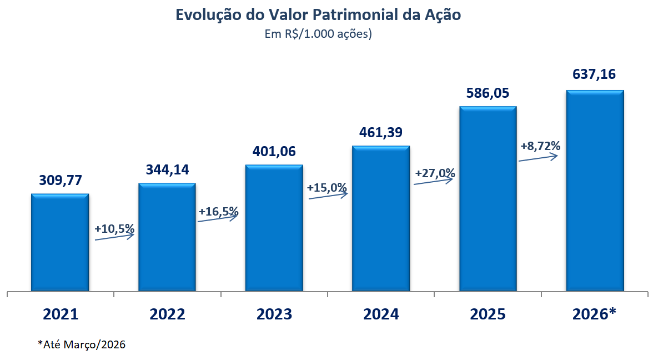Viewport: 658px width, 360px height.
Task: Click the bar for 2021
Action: pyautogui.click(x=60, y=242)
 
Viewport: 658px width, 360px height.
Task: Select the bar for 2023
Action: pyautogui.click(x=274, y=228)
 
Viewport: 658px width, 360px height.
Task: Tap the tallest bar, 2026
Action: pyautogui.click(x=595, y=191)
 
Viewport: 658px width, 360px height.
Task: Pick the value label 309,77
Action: pyautogui.click(x=60, y=181)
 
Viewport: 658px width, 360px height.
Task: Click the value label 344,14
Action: pyautogui.click(x=167, y=170)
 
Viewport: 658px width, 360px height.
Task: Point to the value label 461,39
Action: pyautogui.click(x=381, y=133)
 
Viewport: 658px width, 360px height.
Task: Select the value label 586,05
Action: pyautogui.click(x=488, y=93)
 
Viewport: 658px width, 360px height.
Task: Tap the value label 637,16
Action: pyautogui.click(x=595, y=74)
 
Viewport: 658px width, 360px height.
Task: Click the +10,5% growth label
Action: pyautogui.click(x=114, y=228)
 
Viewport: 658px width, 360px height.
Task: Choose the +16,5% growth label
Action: pyautogui.click(x=218, y=211)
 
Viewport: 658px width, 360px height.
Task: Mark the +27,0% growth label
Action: pyautogui.click(x=435, y=173)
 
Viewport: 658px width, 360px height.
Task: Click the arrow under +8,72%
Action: pyautogui.click(x=538, y=158)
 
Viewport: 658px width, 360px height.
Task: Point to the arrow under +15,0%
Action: pyautogui.click(x=328, y=196)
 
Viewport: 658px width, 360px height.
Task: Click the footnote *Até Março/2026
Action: pyautogui.click(x=82, y=345)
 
